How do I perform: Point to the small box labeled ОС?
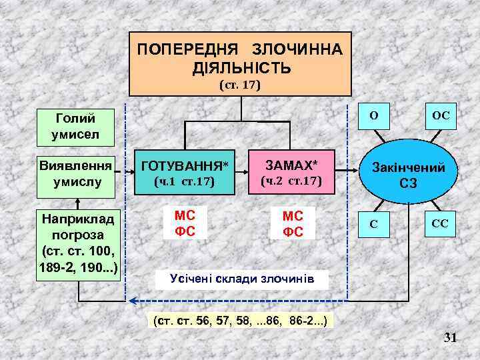441,115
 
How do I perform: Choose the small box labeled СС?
441,224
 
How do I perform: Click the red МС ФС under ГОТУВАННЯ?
185,223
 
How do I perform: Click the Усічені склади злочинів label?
242,279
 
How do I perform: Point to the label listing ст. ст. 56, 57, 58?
240,321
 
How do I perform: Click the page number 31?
451,338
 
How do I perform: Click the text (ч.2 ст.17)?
291,181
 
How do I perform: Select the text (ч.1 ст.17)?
185,181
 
